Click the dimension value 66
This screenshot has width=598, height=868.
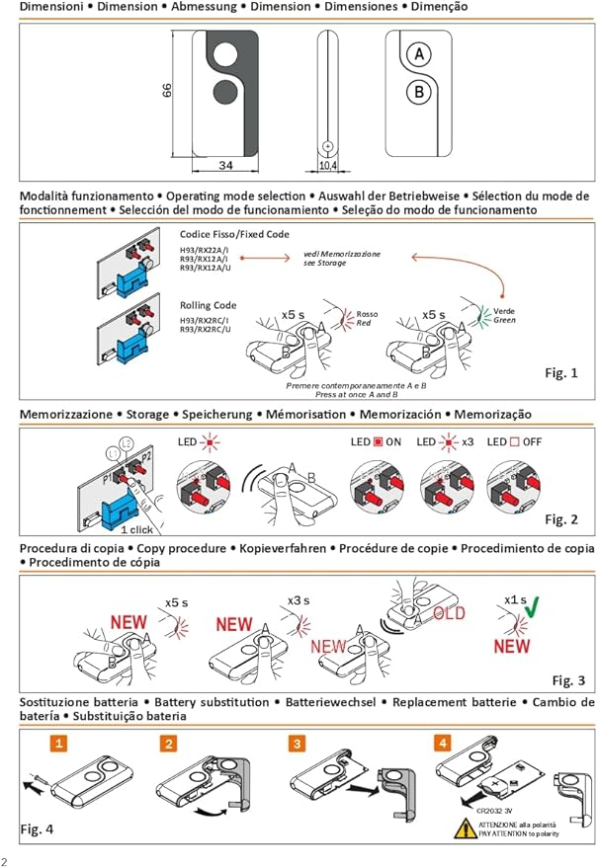(x=167, y=92)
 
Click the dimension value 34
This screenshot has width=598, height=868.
(x=225, y=165)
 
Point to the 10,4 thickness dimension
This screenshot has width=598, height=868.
(x=328, y=165)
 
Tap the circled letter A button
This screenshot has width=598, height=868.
(x=419, y=55)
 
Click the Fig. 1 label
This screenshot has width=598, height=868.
(x=560, y=372)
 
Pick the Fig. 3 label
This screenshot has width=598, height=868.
(x=568, y=680)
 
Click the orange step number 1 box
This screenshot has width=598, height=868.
(x=59, y=743)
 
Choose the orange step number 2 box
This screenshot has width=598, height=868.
(x=171, y=743)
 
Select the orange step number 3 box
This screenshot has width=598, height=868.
(x=298, y=743)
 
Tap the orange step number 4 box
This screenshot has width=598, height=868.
(x=443, y=743)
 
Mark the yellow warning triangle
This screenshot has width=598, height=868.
(x=464, y=829)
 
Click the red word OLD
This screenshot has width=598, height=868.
(x=451, y=613)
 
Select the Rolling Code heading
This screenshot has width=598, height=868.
(x=211, y=305)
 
